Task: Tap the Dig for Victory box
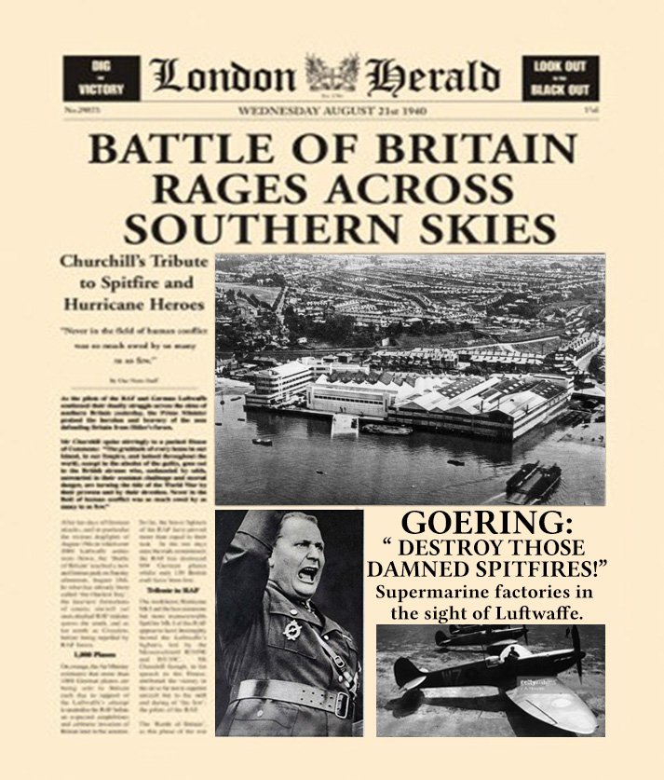click(x=102, y=78)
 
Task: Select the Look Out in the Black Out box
click(x=561, y=78)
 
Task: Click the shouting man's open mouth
click(x=305, y=573)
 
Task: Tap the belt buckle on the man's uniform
click(x=284, y=698)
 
